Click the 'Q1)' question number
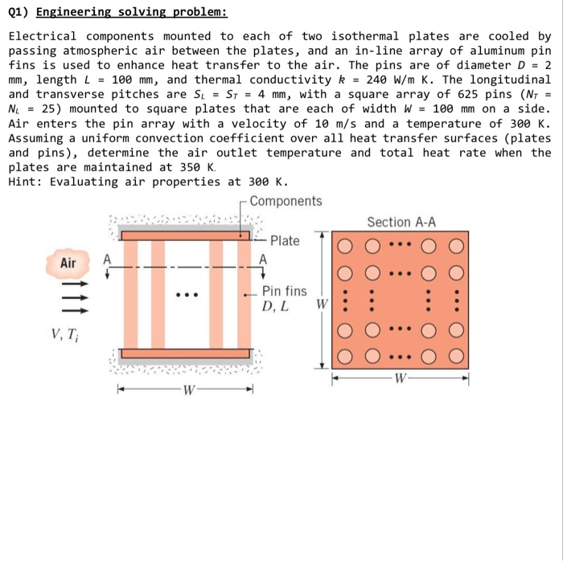pos(18,13)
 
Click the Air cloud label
pos(69,262)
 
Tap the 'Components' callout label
pos(286,201)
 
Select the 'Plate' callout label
pos(285,240)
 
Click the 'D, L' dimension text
pos(276,306)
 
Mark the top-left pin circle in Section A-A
pos(343,245)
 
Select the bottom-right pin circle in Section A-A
pos(456,354)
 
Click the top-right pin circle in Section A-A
pos(456,245)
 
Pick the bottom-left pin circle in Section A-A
pos(343,354)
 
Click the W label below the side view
pos(187,391)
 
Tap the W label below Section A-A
pos(400,379)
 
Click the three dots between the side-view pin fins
pos(186,294)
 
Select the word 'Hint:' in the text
pos(25,182)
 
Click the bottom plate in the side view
pos(187,354)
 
